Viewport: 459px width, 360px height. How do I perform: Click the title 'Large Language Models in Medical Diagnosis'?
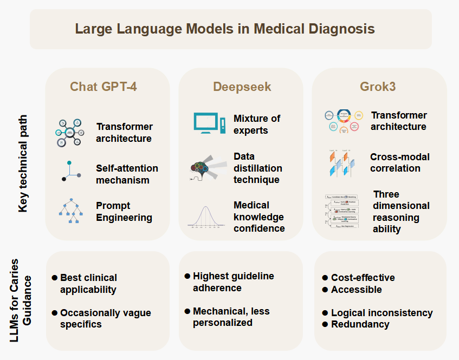[x=225, y=29]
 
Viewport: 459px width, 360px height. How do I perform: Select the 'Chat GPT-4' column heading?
[x=104, y=87]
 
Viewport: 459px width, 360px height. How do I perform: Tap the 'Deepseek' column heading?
[x=242, y=87]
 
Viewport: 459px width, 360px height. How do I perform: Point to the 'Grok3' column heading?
[x=378, y=87]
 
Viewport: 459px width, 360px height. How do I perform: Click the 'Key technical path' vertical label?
[x=23, y=162]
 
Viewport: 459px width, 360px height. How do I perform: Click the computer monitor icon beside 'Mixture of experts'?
[x=209, y=125]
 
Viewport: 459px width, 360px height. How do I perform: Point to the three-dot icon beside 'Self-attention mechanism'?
[x=71, y=172]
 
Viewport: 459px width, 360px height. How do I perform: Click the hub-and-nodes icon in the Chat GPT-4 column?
[x=70, y=132]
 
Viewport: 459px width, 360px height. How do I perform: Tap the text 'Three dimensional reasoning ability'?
[x=401, y=212]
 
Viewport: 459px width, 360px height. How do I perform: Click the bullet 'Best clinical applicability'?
[x=88, y=284]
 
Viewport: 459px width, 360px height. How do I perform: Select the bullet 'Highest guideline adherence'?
[x=234, y=282]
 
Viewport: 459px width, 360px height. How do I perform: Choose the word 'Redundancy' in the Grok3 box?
[x=360, y=324]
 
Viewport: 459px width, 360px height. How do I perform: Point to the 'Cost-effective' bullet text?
[x=363, y=278]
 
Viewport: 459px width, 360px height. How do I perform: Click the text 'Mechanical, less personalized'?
[x=231, y=317]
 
